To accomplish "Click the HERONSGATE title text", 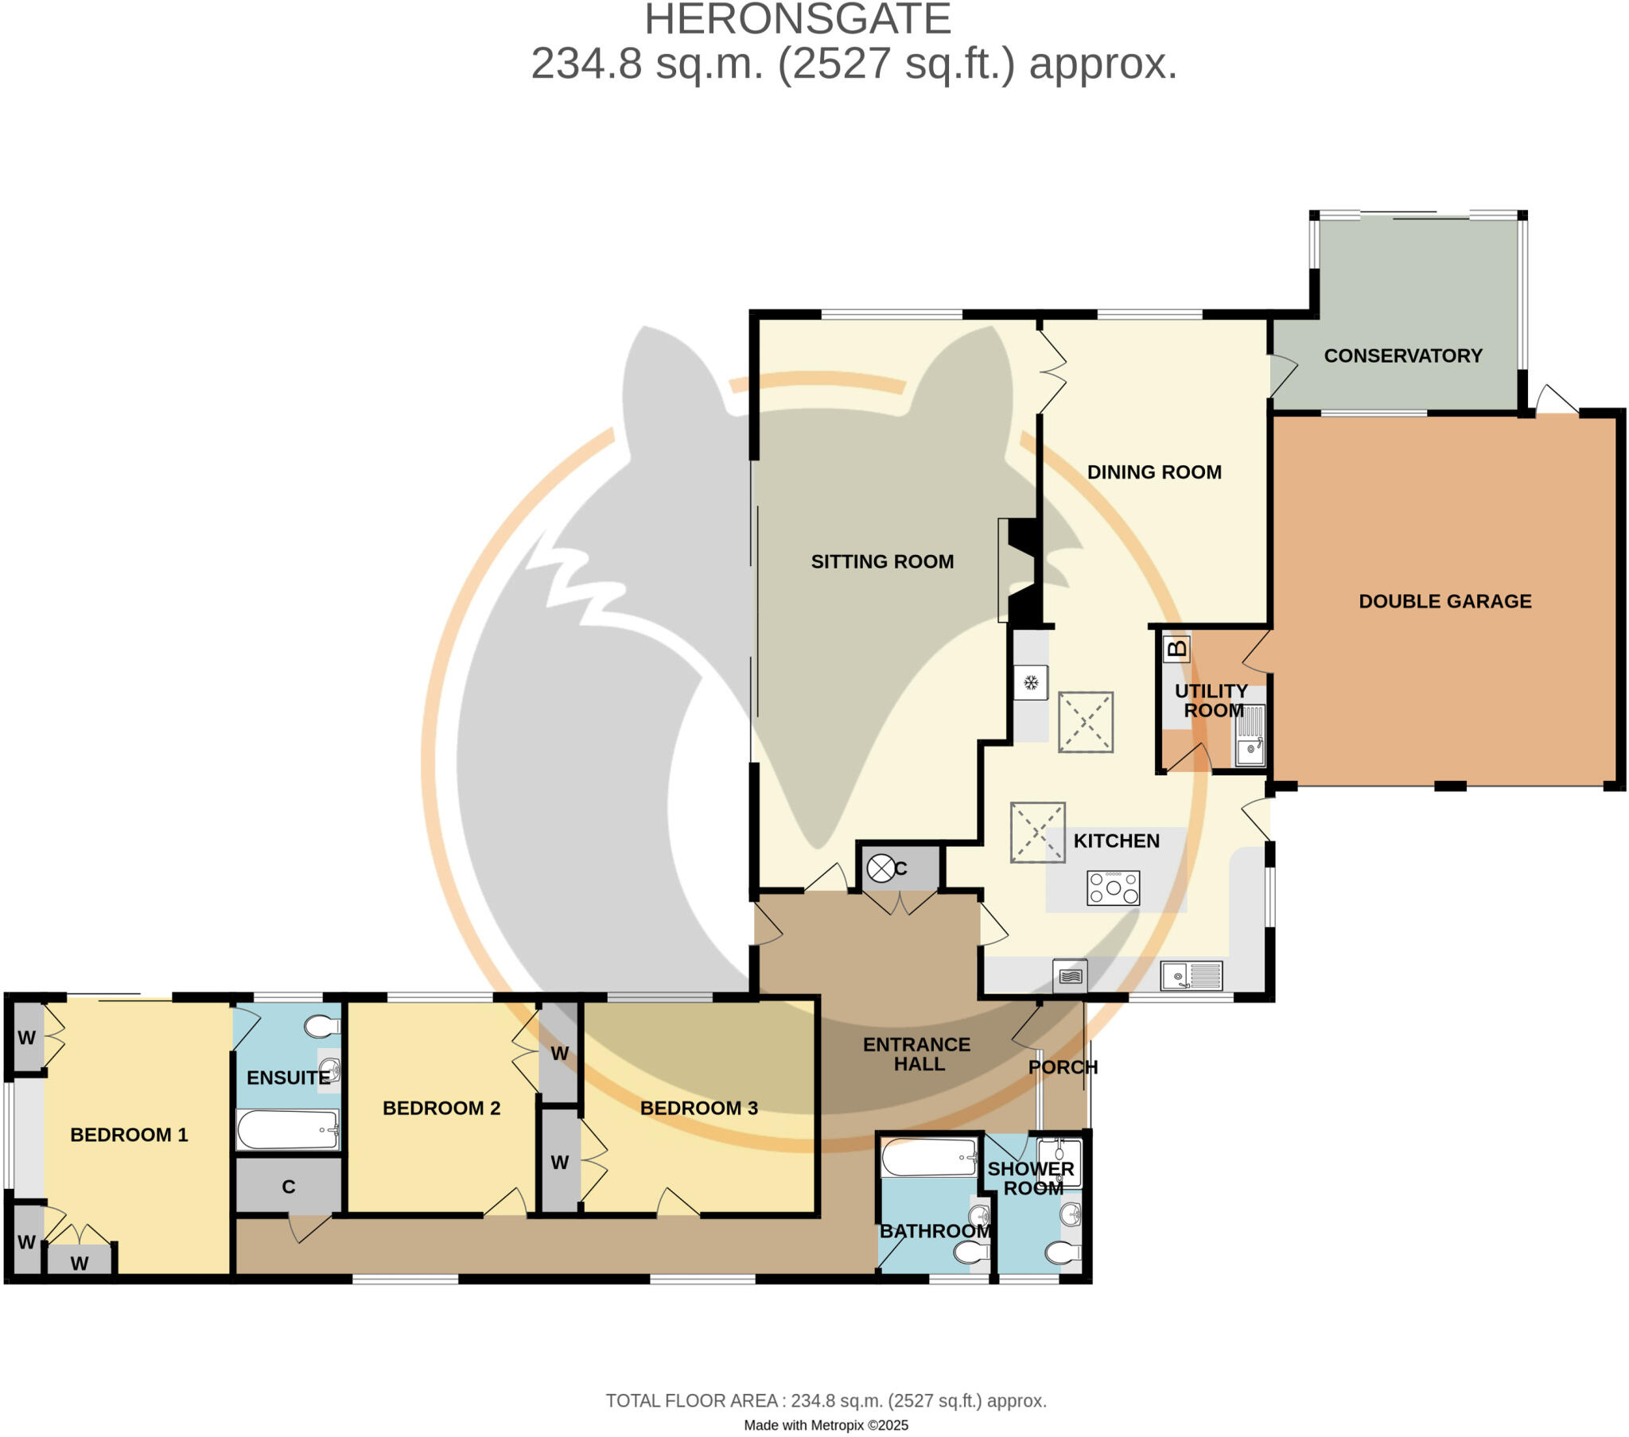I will point(798,19).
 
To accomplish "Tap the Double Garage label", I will point(1445,601).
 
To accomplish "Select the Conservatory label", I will point(1402,355).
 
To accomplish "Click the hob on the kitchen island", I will point(1113,887).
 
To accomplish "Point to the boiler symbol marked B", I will point(1176,648).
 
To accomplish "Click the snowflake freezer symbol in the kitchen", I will point(1031,682).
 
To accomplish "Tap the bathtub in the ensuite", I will point(288,1129).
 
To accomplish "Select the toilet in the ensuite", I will point(321,1027).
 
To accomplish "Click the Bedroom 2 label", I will point(441,1108).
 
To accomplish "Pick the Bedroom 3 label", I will point(698,1108).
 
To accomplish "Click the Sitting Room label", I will point(882,561).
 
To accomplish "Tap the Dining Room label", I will point(1154,472).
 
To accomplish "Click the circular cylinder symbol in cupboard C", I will point(880,868).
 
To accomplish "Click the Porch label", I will point(1063,1067).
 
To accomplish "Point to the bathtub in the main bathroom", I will point(928,1158).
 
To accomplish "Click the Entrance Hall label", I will point(916,1054).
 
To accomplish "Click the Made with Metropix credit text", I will point(826,1425).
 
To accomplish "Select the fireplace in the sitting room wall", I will point(1022,571).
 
